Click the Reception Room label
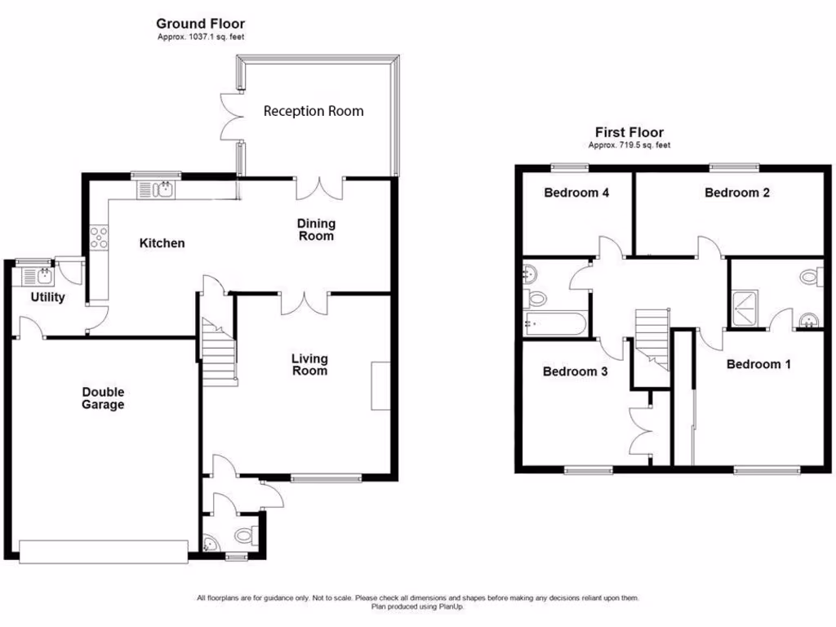coord(313,111)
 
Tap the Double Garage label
coord(103,398)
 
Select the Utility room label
coord(47,297)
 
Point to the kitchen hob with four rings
coord(100,238)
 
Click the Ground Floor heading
coord(200,24)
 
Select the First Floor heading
coord(629,132)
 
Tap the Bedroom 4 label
coord(576,193)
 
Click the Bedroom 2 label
coord(737,193)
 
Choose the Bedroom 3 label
coord(575,371)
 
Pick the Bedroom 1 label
coord(758,364)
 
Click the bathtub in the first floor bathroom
coord(554,325)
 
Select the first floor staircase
coord(651,335)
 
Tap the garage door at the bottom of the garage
coord(102,551)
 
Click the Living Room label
coord(310,365)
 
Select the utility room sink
coord(41,275)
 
